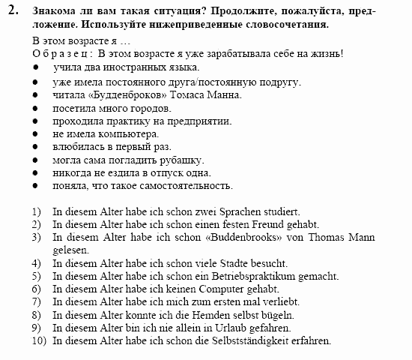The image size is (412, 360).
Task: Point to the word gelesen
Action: [x=70, y=250]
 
